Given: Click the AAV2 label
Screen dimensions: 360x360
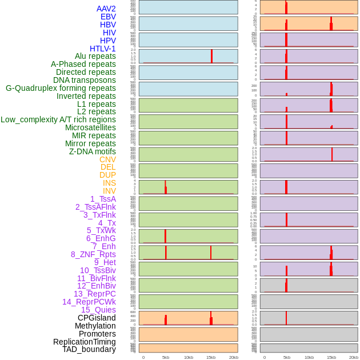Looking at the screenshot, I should (x=106, y=9).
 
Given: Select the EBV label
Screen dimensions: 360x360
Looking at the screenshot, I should (x=108, y=17).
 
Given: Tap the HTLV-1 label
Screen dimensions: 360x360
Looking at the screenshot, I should (x=103, y=49).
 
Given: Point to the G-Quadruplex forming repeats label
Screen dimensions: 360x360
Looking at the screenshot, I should (x=61, y=88).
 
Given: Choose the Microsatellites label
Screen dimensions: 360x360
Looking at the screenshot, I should (x=90, y=127).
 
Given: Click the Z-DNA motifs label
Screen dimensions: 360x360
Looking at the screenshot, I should (x=93, y=151).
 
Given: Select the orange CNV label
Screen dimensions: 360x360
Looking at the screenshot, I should (x=107, y=159).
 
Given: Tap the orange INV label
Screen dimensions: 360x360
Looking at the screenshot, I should (x=109, y=191).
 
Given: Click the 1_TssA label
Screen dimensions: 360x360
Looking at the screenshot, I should (x=103, y=199).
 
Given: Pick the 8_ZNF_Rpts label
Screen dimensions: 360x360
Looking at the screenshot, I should (x=93, y=254).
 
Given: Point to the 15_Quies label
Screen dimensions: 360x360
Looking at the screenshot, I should (x=98, y=310).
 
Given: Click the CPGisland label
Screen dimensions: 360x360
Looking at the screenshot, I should (x=97, y=318).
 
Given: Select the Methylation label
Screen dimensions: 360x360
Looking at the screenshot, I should (x=95, y=326).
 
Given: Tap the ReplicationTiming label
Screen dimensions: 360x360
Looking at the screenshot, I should (x=84, y=342).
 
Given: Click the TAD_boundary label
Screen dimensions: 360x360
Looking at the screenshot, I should (x=89, y=349).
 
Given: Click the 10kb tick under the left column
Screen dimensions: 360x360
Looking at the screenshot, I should (x=189, y=357).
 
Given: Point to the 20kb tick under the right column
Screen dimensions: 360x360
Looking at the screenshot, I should (x=354, y=357).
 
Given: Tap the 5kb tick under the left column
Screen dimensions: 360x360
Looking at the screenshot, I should (x=166, y=357).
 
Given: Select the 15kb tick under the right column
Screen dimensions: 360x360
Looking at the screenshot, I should (x=331, y=357).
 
